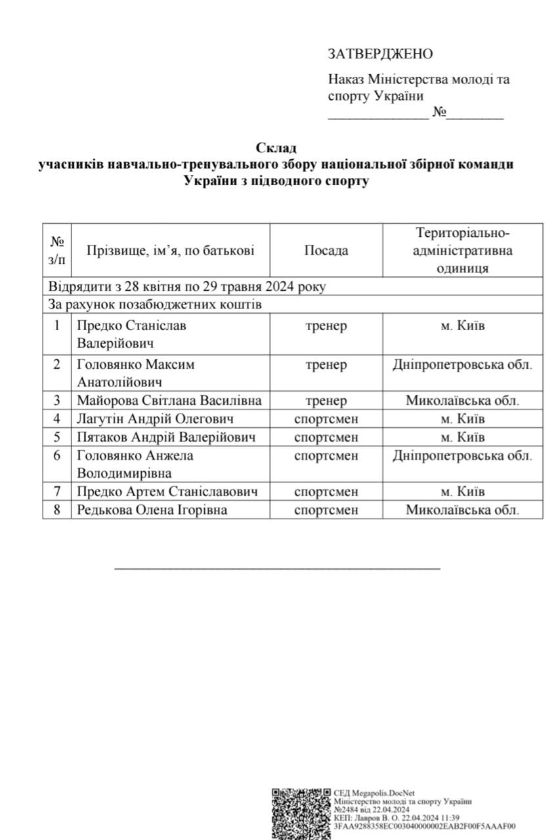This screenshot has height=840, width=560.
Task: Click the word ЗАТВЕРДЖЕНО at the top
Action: (x=380, y=54)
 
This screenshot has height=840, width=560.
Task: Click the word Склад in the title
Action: (x=276, y=148)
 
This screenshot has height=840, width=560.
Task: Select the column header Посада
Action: (x=326, y=250)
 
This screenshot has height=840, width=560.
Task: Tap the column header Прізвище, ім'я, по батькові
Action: (x=170, y=250)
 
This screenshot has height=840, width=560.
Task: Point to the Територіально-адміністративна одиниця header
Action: (x=463, y=250)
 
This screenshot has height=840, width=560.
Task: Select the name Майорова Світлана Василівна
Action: (x=169, y=400)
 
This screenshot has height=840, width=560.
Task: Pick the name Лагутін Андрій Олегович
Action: (x=156, y=419)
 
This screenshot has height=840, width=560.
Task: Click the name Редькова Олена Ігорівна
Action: (x=152, y=509)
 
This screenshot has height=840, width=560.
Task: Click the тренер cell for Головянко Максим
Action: (x=326, y=365)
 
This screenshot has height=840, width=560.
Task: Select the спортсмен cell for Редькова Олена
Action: (x=326, y=509)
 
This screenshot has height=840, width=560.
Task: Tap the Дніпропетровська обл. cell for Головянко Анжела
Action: (x=463, y=455)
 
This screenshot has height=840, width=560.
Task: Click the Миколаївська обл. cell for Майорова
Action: (x=463, y=400)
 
